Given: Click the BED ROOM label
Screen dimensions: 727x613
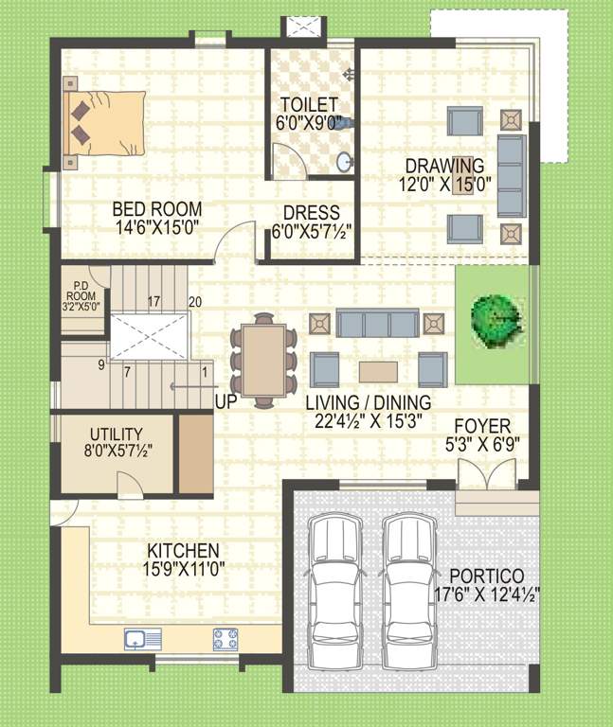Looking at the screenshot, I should click(x=156, y=209).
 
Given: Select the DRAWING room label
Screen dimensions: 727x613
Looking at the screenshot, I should click(x=444, y=167).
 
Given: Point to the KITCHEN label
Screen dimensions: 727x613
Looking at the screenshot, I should click(x=183, y=550).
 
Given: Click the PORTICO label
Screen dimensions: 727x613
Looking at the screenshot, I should click(x=487, y=576).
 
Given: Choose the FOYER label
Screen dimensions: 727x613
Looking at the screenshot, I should click(x=482, y=425).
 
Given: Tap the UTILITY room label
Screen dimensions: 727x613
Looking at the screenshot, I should click(x=116, y=434).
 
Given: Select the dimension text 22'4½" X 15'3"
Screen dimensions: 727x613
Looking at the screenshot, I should click(x=369, y=421).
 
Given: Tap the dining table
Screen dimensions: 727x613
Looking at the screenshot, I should click(x=263, y=361).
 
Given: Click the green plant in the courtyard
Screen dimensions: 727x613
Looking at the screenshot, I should click(x=496, y=320).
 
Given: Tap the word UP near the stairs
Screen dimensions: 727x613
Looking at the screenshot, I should click(x=225, y=401).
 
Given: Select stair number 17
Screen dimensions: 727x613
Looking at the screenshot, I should click(x=153, y=302).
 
